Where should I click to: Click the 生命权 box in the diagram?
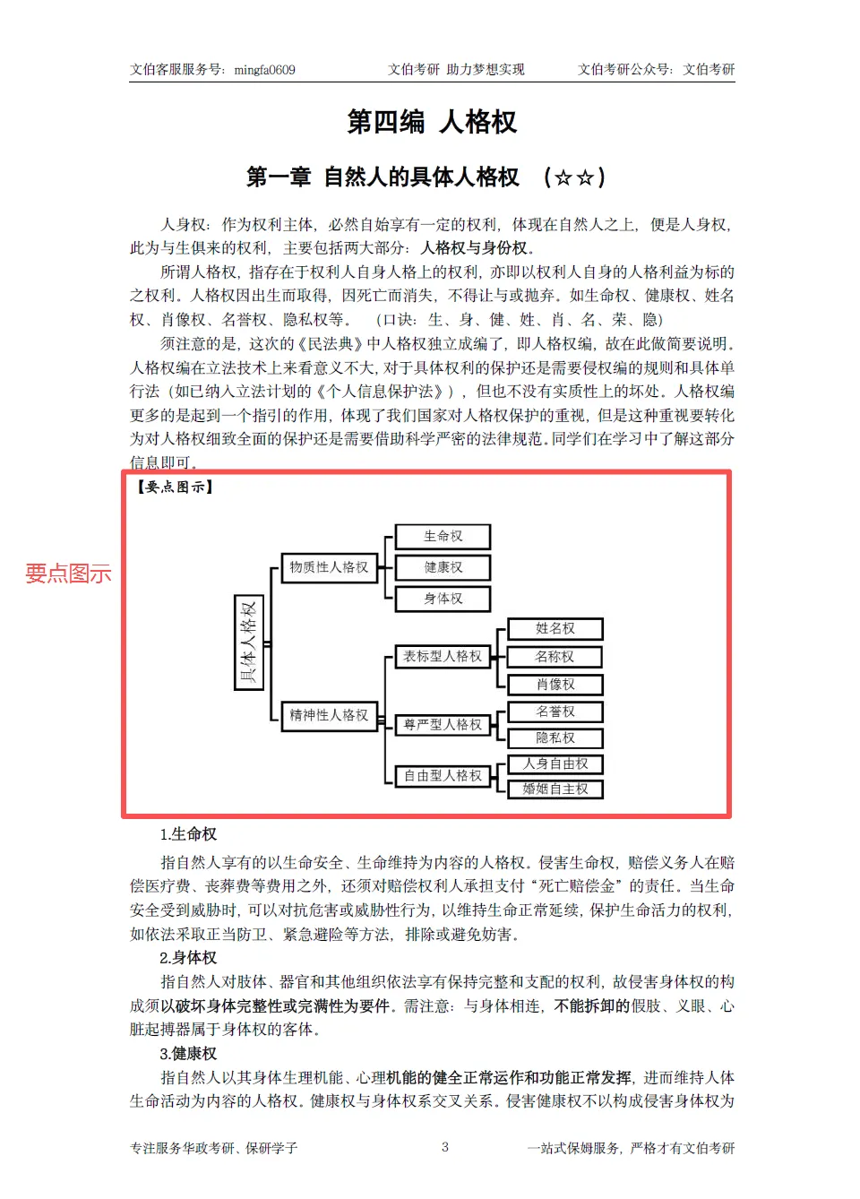click(443, 537)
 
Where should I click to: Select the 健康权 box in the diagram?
click(443, 567)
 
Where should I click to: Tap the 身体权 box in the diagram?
click(443, 599)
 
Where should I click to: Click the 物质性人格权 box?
click(329, 567)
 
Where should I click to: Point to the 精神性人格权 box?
click(329, 715)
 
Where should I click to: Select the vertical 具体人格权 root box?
click(248, 642)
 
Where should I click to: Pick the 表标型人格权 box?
click(443, 656)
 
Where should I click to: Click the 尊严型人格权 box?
click(443, 724)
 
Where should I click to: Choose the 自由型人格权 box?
click(443, 775)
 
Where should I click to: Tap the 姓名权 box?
click(555, 629)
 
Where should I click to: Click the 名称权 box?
click(555, 657)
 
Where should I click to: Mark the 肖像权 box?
click(555, 685)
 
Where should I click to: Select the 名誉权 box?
click(555, 712)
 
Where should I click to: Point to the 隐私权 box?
click(555, 738)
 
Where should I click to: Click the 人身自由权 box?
click(555, 763)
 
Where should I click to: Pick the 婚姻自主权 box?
click(555, 789)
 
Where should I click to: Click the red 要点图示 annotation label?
click(68, 574)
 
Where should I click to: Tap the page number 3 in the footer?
click(444, 1147)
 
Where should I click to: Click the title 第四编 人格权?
click(432, 122)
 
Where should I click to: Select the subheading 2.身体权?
click(188, 958)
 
